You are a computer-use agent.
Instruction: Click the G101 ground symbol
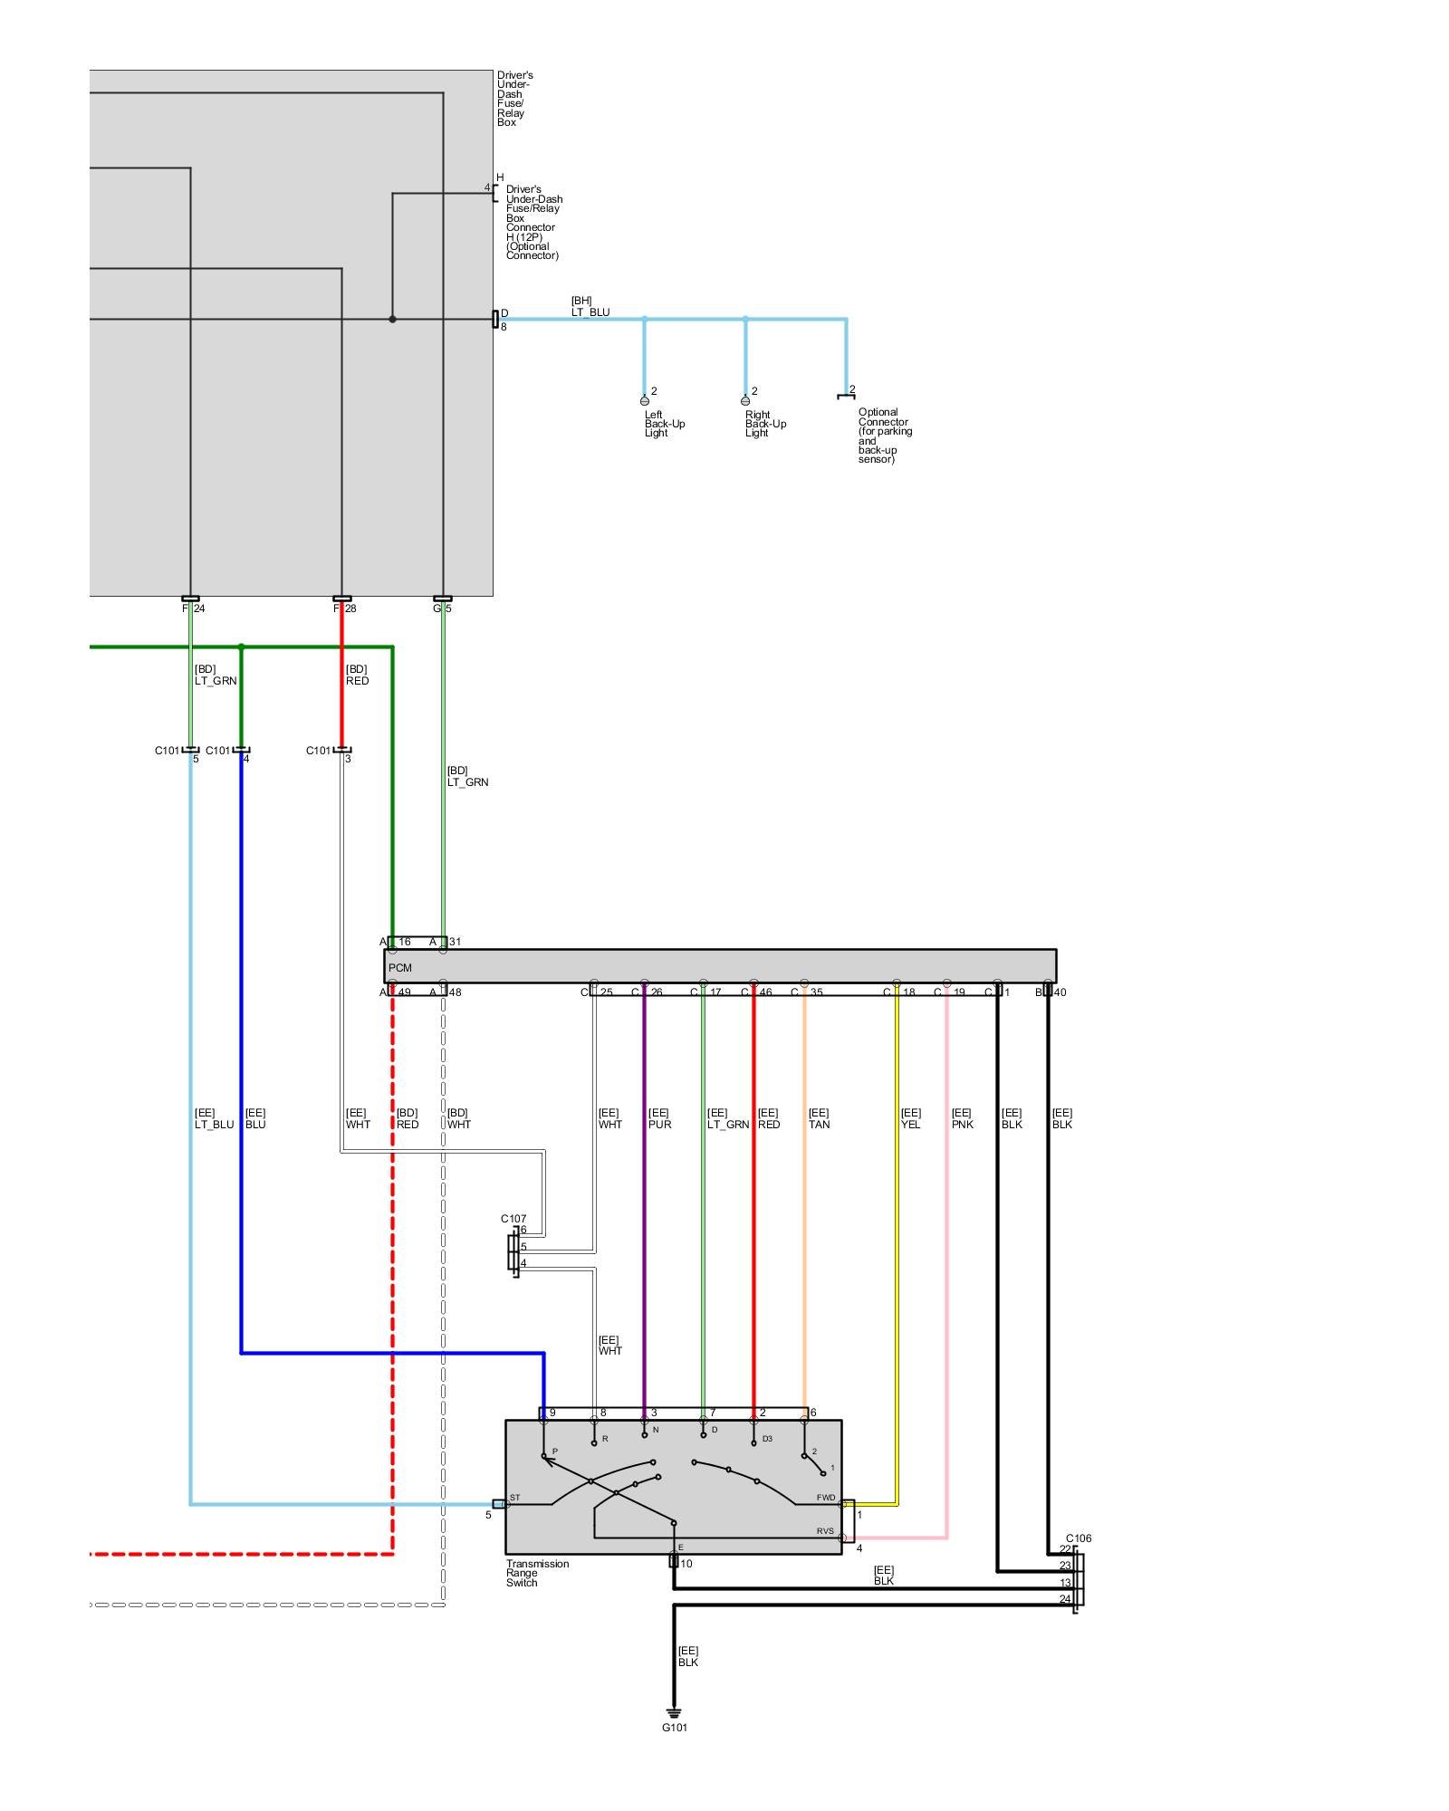[x=674, y=1712]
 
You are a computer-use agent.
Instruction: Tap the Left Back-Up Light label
[x=664, y=424]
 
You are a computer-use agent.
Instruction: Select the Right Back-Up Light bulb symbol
[x=745, y=400]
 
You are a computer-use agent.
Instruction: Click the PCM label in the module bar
[x=399, y=968]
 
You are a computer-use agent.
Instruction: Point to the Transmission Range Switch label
[x=537, y=1573]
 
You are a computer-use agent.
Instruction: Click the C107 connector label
[x=513, y=1219]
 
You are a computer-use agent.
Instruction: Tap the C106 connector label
[x=1079, y=1538]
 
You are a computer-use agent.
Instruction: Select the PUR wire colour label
[x=660, y=1125]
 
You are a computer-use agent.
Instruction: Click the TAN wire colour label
[x=819, y=1125]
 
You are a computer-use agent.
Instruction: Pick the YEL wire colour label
[x=910, y=1125]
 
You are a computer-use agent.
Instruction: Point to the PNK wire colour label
[x=962, y=1125]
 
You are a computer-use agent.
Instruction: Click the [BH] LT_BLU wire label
[x=590, y=307]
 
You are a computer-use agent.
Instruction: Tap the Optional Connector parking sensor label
[x=884, y=436]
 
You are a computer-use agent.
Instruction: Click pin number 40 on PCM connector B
[x=1060, y=992]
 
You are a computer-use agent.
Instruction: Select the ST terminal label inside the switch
[x=514, y=1498]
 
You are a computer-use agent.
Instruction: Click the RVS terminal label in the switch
[x=824, y=1531]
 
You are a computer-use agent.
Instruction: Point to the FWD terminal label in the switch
[x=825, y=1498]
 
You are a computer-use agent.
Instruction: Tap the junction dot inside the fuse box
[x=392, y=319]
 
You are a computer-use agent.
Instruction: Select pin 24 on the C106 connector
[x=1065, y=1599]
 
